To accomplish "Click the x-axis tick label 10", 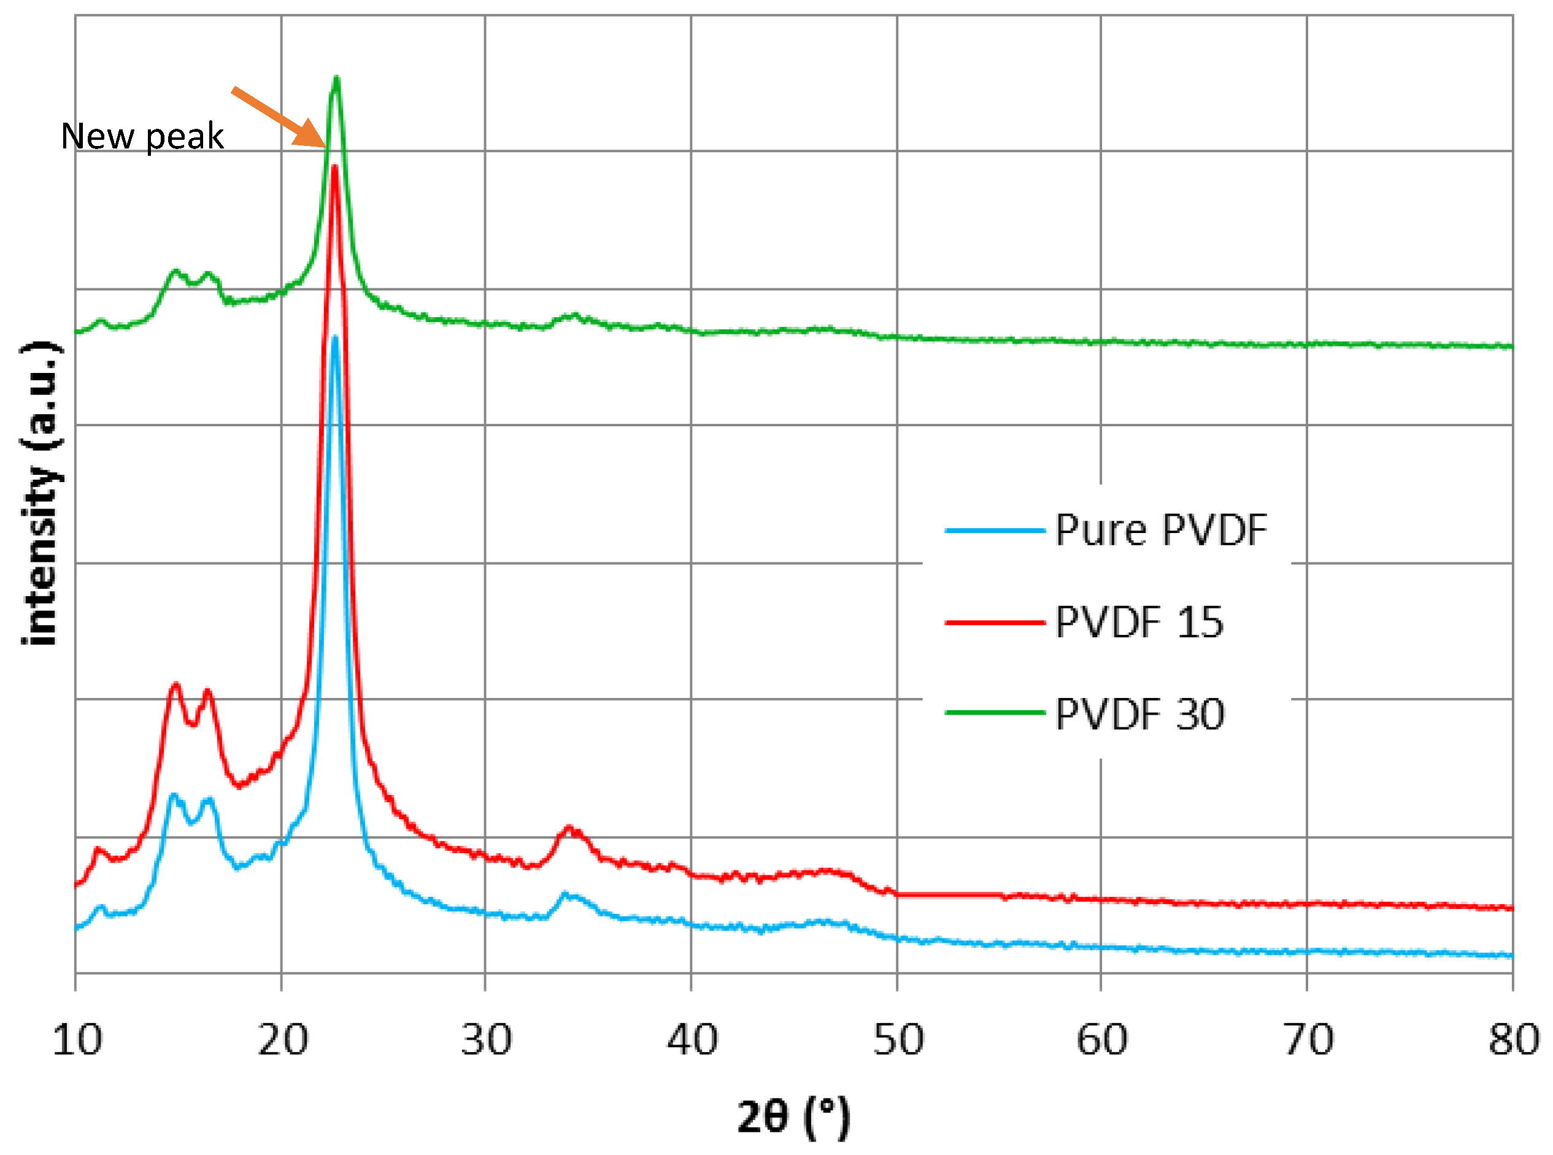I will [x=77, y=1040].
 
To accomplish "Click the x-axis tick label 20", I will [x=282, y=1040].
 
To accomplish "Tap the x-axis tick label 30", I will [x=486, y=1040].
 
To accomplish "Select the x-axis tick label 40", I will [x=692, y=1040].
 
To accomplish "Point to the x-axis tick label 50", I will [x=898, y=1040].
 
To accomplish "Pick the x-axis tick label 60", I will [x=1101, y=1040].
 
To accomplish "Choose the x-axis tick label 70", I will [x=1308, y=1040].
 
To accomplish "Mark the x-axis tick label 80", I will [x=1513, y=1040].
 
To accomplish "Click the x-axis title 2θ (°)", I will [x=793, y=1116].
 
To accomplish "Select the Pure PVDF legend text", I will [x=1160, y=530].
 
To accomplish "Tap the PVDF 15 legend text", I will [x=1138, y=622].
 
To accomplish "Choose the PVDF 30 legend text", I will [x=1139, y=715].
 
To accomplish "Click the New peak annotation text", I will [x=142, y=136].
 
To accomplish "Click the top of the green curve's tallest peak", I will [x=336, y=79].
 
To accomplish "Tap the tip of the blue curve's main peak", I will [x=334, y=339].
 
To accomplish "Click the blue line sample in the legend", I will [x=994, y=531].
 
